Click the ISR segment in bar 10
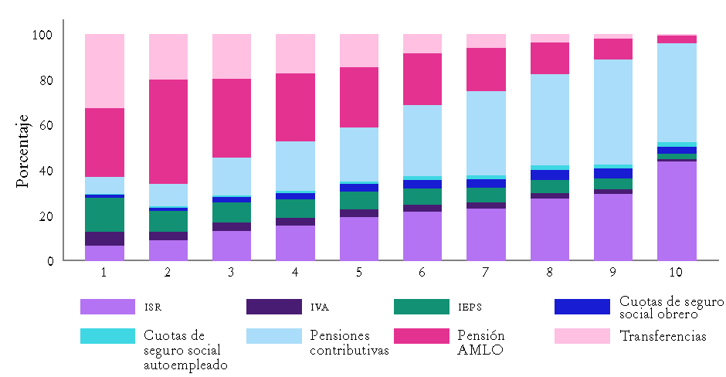(x=677, y=210)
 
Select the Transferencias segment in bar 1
(x=104, y=71)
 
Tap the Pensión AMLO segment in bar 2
(x=168, y=131)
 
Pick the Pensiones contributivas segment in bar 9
(x=612, y=112)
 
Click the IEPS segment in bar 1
(x=104, y=214)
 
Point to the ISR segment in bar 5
(x=359, y=239)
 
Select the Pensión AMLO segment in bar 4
(x=296, y=107)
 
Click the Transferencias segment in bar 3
(x=232, y=56)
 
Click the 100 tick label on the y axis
(x=42, y=35)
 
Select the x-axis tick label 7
(x=486, y=273)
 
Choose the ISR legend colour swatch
(x=107, y=307)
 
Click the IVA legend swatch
(x=273, y=307)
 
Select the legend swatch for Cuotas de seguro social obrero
(x=582, y=307)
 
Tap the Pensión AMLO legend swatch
(x=421, y=336)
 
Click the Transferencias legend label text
(x=662, y=336)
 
